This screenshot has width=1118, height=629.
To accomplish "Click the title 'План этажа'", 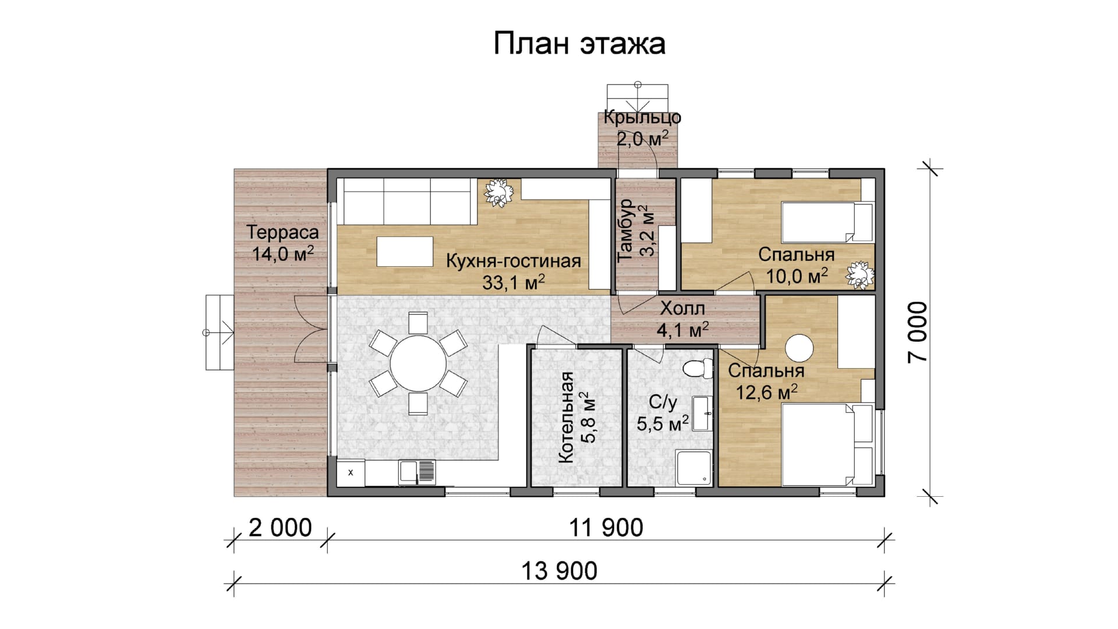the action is (579, 44).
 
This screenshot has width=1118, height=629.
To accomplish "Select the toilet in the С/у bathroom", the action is (699, 367).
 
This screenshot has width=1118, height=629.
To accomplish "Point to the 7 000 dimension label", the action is (917, 331).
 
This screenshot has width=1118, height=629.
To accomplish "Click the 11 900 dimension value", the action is (606, 528).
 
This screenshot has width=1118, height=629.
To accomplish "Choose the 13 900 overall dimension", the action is (560, 571).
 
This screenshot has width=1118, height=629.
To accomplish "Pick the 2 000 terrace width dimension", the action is (280, 528).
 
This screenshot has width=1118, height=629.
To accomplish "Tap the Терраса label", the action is (283, 232).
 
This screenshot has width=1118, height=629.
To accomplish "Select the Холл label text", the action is (682, 308).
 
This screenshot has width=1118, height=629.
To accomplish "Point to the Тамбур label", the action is (626, 230).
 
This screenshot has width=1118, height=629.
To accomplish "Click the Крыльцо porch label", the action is (642, 117).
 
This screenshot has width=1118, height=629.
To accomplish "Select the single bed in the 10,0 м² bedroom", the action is (827, 222).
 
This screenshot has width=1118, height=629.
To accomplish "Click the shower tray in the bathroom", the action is (694, 467).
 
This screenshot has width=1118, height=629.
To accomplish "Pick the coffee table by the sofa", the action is (405, 251).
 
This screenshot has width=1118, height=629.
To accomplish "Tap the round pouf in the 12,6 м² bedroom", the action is (799, 349).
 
